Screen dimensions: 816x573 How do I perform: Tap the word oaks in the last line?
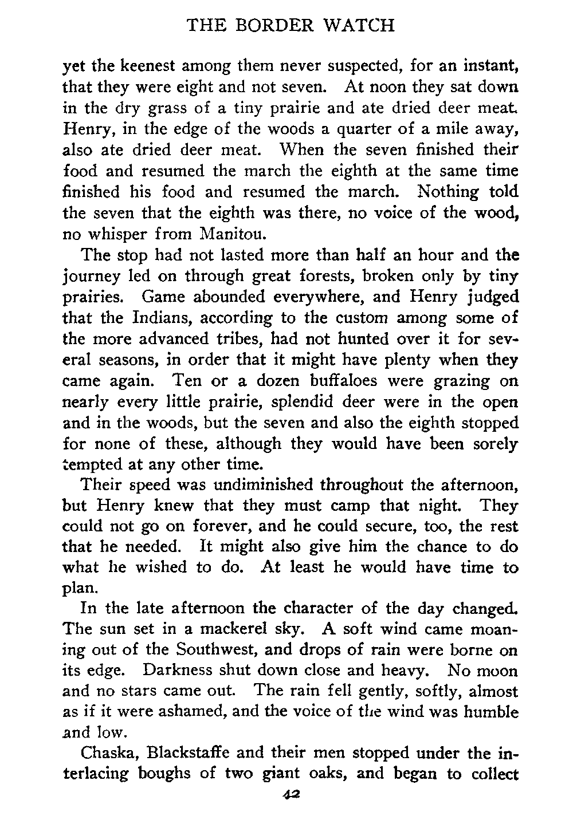click(329, 775)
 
